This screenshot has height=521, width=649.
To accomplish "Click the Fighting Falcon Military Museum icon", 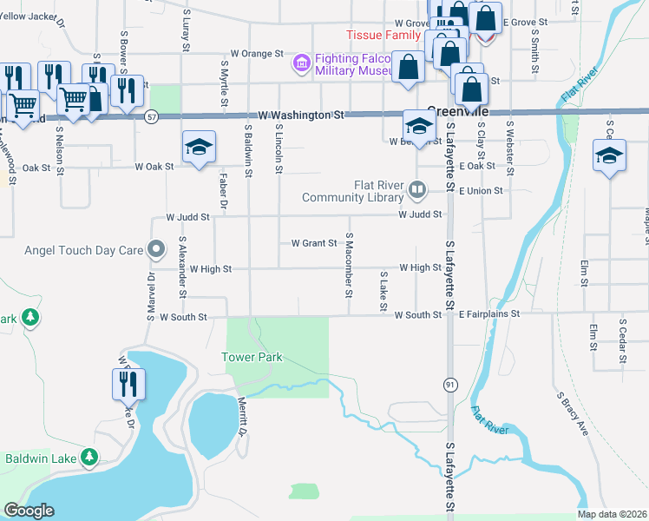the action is click(302, 63).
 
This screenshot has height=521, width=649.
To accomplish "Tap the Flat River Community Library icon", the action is click(418, 189).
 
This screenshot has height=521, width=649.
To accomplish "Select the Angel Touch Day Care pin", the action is click(156, 250).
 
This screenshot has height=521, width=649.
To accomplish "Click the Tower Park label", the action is click(252, 357).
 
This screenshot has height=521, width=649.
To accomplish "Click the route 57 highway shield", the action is click(152, 117).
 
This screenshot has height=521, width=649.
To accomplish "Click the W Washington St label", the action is click(296, 115).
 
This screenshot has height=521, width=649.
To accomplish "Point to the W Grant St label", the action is click(313, 243).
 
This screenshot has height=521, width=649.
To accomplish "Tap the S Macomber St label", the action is click(348, 264).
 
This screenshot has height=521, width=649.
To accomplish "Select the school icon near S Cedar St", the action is click(609, 156).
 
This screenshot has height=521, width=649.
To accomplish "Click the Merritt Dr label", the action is click(243, 417).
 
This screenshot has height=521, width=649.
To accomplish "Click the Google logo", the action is click(29, 511).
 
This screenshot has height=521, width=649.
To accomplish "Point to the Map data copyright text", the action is click(612, 514).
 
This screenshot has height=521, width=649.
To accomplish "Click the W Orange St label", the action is click(258, 54).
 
